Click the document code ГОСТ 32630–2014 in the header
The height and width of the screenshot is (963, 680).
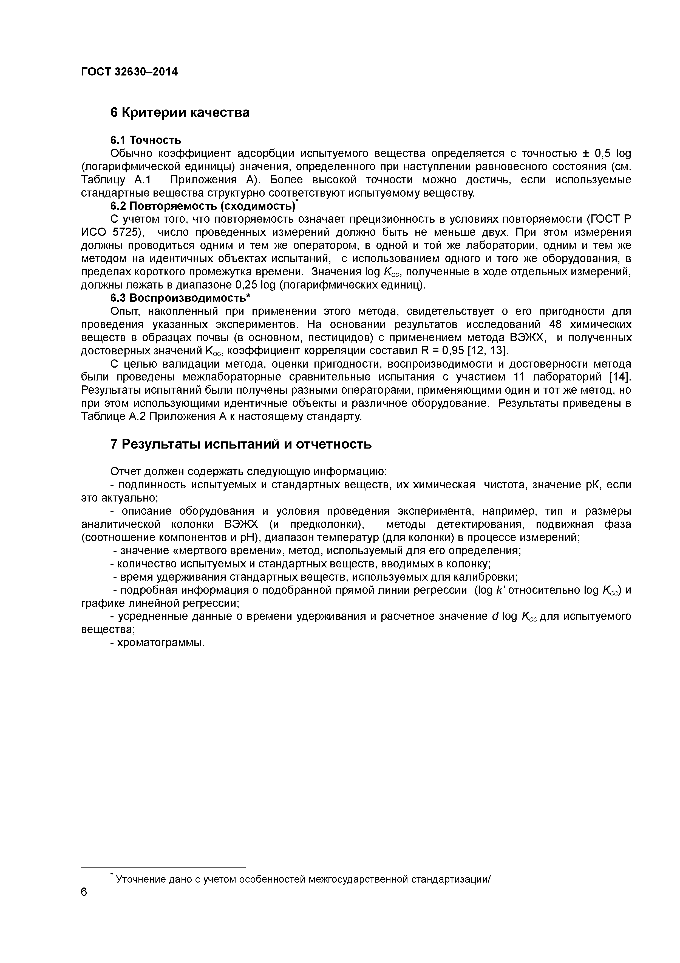tap(129, 72)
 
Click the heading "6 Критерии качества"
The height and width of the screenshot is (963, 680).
tap(180, 112)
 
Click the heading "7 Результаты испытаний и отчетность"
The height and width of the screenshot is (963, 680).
tap(241, 444)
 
